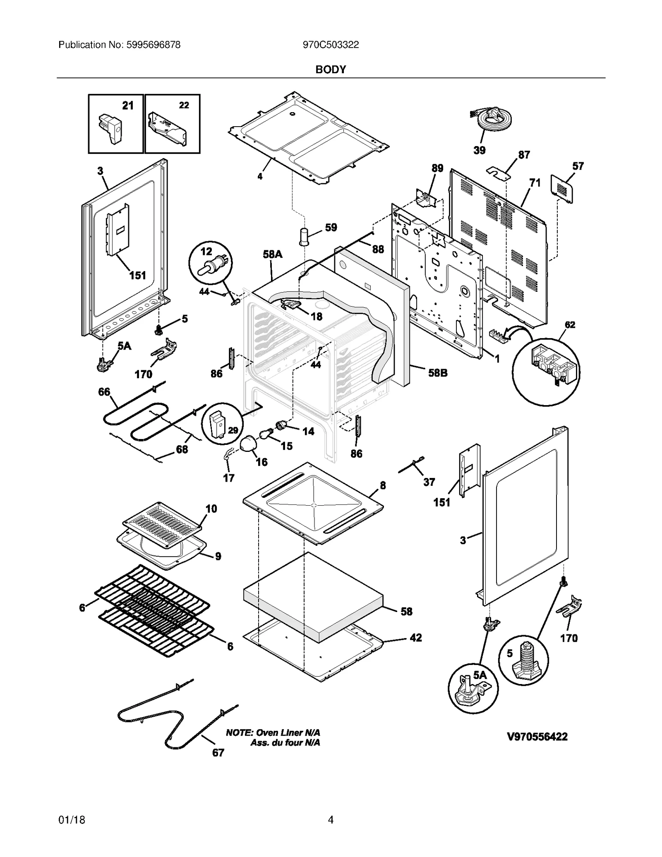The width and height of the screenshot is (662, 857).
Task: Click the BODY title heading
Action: pyautogui.click(x=331, y=70)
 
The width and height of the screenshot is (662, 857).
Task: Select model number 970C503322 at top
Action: pyautogui.click(x=331, y=45)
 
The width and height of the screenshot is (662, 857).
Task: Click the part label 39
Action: pyautogui.click(x=479, y=150)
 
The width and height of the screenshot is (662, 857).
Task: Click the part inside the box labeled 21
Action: pyautogui.click(x=111, y=128)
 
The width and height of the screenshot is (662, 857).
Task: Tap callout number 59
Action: pyautogui.click(x=331, y=227)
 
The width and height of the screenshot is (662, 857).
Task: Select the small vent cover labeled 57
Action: pyautogui.click(x=562, y=189)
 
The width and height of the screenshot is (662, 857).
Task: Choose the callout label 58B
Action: pyautogui.click(x=437, y=373)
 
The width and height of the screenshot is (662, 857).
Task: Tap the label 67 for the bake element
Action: pyautogui.click(x=218, y=753)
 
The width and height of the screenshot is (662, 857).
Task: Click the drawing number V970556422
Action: pyautogui.click(x=537, y=737)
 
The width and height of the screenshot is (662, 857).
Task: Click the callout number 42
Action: pyautogui.click(x=415, y=638)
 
